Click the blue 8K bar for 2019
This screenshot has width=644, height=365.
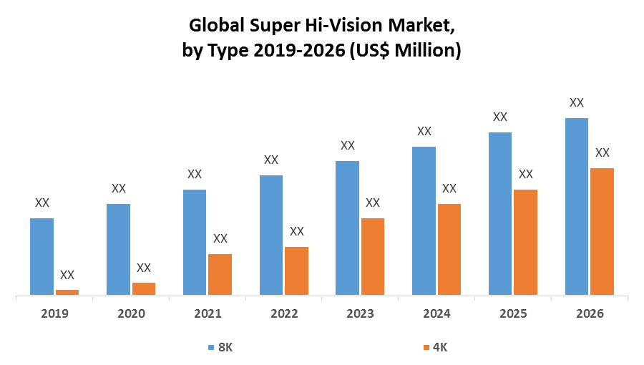[42, 256]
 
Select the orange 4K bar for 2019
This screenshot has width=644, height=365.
[67, 292]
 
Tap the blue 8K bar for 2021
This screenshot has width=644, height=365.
[195, 242]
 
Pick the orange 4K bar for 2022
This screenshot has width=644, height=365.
[296, 271]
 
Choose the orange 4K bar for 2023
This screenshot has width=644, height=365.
[373, 256]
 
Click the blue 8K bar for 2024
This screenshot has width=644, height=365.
[424, 220]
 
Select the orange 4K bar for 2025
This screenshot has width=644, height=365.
[526, 242]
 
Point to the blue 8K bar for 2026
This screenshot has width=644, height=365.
[577, 206]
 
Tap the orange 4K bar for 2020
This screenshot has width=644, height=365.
[144, 288]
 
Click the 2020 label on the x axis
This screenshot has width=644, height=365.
[131, 313]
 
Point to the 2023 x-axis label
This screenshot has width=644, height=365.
[360, 313]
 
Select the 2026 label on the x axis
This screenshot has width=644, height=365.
[590, 313]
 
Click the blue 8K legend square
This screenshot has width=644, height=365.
[211, 347]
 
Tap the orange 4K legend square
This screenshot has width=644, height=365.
[426, 347]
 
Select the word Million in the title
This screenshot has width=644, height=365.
[415, 51]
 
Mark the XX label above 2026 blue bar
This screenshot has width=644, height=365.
[577, 102]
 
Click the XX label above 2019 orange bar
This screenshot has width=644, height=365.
[67, 275]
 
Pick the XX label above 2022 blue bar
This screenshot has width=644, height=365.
[271, 160]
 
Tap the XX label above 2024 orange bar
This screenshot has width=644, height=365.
[449, 188]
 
